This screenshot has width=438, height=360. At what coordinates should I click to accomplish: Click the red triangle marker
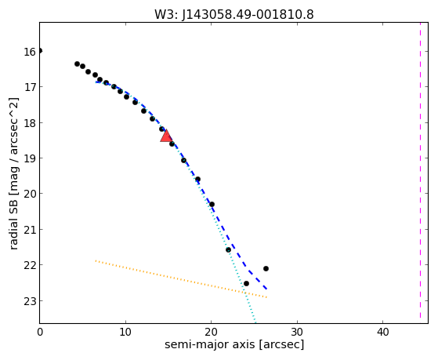pos(166,136)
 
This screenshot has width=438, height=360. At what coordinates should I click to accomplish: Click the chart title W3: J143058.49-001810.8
pos(234,14)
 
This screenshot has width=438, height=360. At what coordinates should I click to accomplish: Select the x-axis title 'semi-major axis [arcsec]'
pos(234,344)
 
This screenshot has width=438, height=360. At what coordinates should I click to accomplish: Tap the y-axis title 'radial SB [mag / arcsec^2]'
pos(13,173)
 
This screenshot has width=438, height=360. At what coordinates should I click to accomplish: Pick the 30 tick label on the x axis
pos(297,332)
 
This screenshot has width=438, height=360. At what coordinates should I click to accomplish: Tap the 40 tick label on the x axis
pos(382,332)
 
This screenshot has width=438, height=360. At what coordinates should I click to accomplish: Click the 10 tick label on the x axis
pos(125,332)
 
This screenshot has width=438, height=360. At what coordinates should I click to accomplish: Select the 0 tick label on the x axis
pos(40,332)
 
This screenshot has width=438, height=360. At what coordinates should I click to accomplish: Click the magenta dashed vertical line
pos(420,170)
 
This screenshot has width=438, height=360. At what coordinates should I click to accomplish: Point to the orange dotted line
pos(181,279)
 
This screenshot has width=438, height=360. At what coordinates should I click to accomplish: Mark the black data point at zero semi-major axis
pos(40,51)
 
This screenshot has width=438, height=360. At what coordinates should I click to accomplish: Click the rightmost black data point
pos(266,268)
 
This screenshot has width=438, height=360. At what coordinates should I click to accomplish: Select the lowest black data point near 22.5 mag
pos(246,284)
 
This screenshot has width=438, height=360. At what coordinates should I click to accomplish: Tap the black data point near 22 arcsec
pos(228,249)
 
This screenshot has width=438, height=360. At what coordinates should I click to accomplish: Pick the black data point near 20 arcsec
pos(212,204)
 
